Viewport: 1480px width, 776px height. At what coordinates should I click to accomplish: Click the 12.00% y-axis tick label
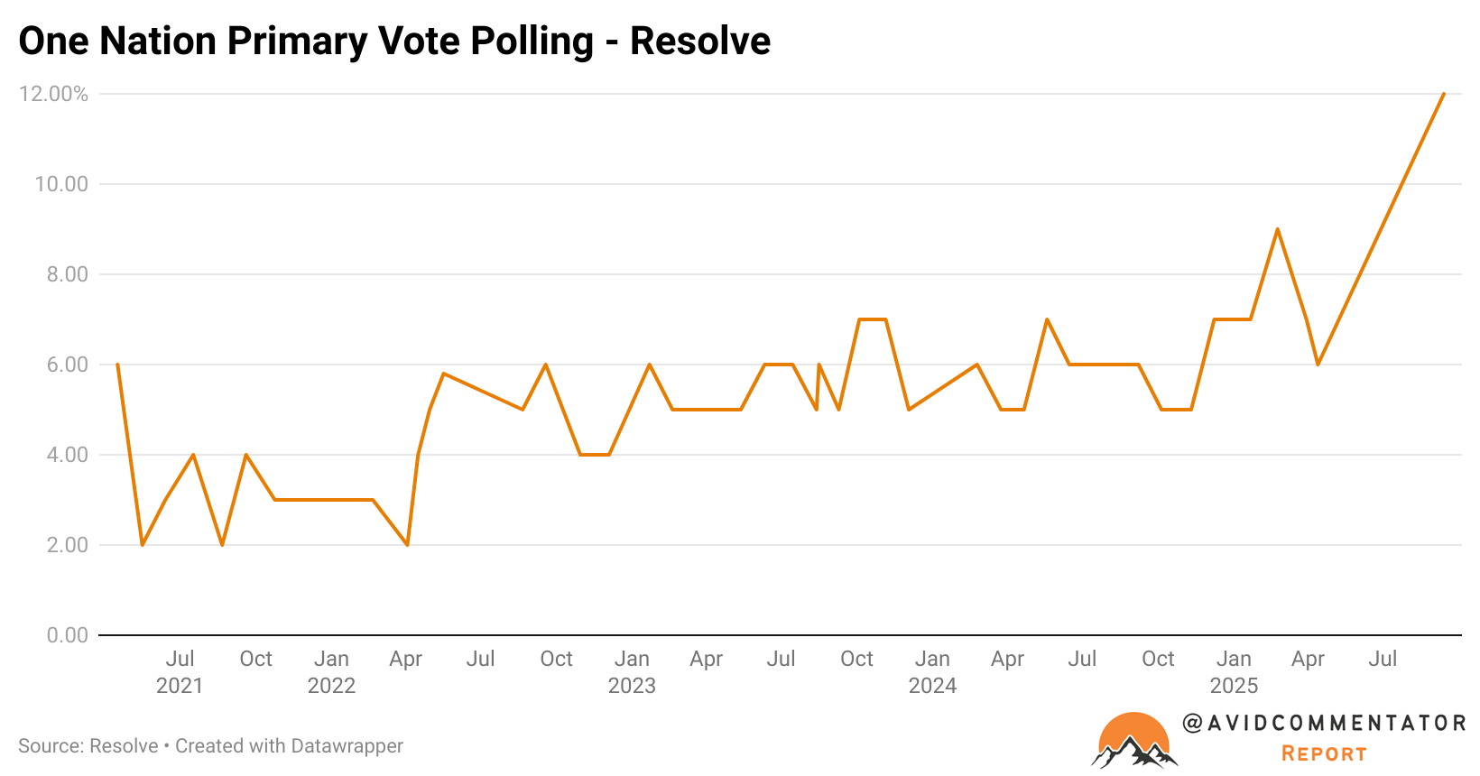[54, 94]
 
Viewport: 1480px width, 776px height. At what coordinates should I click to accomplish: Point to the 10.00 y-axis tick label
[61, 184]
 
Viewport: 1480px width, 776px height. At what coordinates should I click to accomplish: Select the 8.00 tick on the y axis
[68, 274]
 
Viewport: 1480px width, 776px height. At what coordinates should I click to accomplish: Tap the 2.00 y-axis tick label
[68, 545]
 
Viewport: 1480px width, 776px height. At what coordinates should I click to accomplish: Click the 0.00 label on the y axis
[68, 635]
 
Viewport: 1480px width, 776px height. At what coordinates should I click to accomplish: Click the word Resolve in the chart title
[700, 42]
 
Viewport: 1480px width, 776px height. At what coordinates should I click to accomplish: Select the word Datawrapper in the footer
[347, 746]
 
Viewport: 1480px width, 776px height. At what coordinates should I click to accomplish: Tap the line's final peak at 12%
[1444, 94]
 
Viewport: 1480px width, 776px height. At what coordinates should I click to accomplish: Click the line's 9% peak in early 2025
[1277, 229]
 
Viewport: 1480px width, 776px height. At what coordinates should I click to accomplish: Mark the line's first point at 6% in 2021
[117, 365]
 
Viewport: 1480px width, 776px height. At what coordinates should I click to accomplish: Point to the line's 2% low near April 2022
[408, 545]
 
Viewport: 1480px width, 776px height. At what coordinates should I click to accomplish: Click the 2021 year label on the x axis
[180, 686]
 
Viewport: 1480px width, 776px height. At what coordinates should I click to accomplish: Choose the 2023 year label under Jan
[632, 686]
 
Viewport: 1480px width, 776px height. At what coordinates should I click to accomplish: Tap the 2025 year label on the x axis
[1234, 686]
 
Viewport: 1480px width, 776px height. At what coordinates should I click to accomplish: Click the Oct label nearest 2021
[255, 659]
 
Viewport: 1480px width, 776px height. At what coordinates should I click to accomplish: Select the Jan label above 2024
[932, 659]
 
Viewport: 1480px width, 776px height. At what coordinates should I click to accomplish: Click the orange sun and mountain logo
[1134, 741]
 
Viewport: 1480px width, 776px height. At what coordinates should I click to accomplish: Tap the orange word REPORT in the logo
[1324, 753]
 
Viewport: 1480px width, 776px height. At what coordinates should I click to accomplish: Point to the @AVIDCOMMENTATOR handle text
[1324, 723]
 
